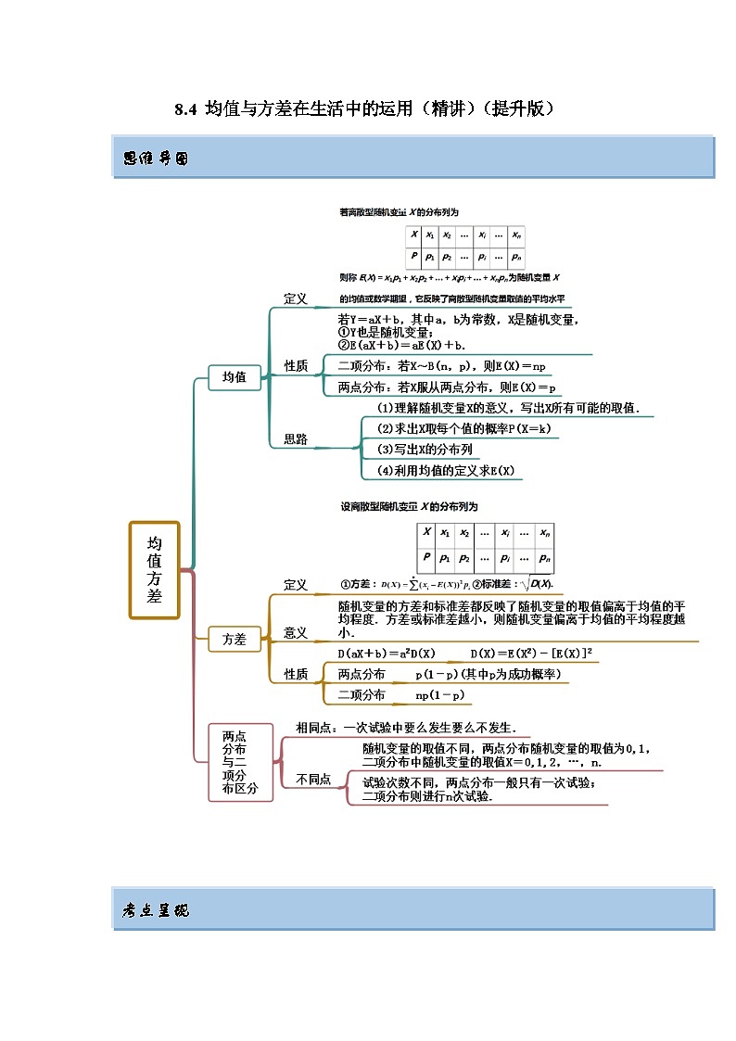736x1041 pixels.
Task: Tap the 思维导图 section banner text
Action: click(155, 159)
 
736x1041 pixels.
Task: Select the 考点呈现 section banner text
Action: click(155, 910)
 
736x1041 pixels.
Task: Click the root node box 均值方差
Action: click(154, 569)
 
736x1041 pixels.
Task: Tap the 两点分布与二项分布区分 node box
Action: click(240, 762)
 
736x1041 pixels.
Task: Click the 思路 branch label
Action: click(296, 439)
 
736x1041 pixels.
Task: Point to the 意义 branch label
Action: click(295, 632)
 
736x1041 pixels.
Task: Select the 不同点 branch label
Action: click(312, 780)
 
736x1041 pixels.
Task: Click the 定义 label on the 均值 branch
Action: click(295, 298)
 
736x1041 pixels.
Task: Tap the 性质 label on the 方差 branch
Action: click(295, 674)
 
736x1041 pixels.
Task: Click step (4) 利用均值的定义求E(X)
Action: click(446, 471)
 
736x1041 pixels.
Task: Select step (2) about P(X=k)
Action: click(457, 429)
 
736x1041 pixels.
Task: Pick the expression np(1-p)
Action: click(439, 695)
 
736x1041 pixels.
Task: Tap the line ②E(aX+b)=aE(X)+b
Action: click(401, 345)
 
